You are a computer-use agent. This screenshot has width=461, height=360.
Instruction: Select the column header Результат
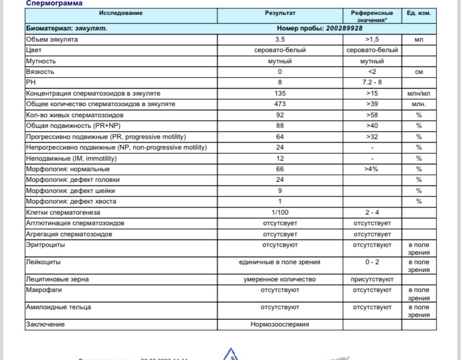coord(279,13)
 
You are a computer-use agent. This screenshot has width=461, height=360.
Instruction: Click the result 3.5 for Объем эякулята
coord(279,40)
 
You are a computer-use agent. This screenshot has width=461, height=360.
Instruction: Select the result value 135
coord(279,93)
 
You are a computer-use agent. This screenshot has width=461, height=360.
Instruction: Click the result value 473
coord(279,104)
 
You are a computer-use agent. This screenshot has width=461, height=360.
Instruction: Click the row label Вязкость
coord(40,72)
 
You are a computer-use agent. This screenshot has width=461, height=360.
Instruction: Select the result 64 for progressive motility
coord(279,136)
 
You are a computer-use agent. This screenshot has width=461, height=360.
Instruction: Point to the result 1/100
coord(279,213)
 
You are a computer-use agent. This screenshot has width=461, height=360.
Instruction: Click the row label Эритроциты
coord(45,244)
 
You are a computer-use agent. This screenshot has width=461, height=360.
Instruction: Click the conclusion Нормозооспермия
coord(279,324)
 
